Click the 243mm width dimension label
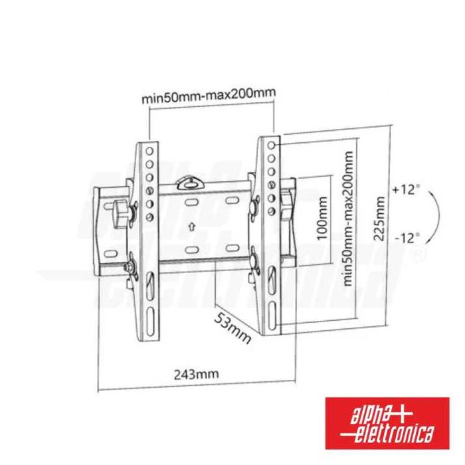pyautogui.click(x=196, y=374)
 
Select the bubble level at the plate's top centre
pyautogui.click(x=191, y=181)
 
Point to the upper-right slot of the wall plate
pyautogui.click(x=232, y=200)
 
